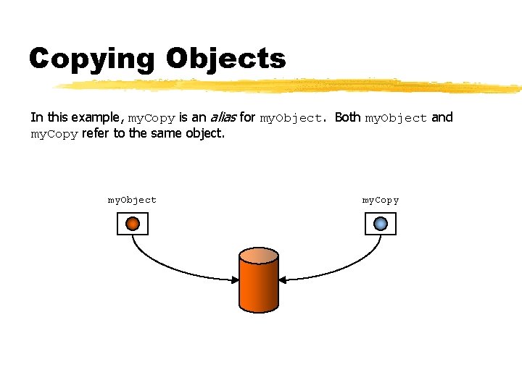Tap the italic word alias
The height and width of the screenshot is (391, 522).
click(223, 117)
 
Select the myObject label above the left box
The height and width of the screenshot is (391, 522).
click(132, 200)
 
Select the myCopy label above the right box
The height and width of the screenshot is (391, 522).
click(381, 200)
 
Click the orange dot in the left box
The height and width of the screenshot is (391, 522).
click(133, 224)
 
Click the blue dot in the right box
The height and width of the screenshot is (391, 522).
click(381, 224)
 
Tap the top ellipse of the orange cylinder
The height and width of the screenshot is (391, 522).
click(259, 256)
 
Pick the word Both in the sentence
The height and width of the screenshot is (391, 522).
click(347, 117)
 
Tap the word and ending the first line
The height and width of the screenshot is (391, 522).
click(442, 117)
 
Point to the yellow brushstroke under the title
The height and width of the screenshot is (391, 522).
click(290, 86)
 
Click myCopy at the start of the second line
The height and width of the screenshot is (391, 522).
click(54, 134)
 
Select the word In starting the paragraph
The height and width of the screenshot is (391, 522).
click(36, 117)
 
